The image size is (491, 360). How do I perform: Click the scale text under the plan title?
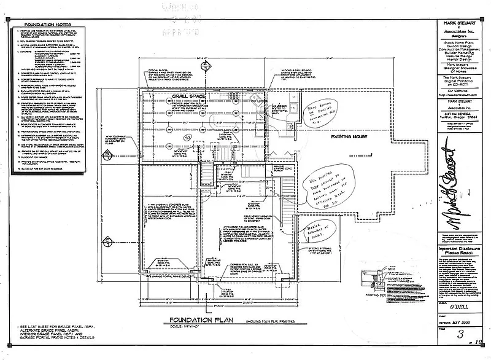(190, 326)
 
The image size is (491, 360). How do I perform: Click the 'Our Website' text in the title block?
(453, 92)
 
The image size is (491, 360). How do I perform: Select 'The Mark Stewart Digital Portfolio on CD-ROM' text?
(453, 81)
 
